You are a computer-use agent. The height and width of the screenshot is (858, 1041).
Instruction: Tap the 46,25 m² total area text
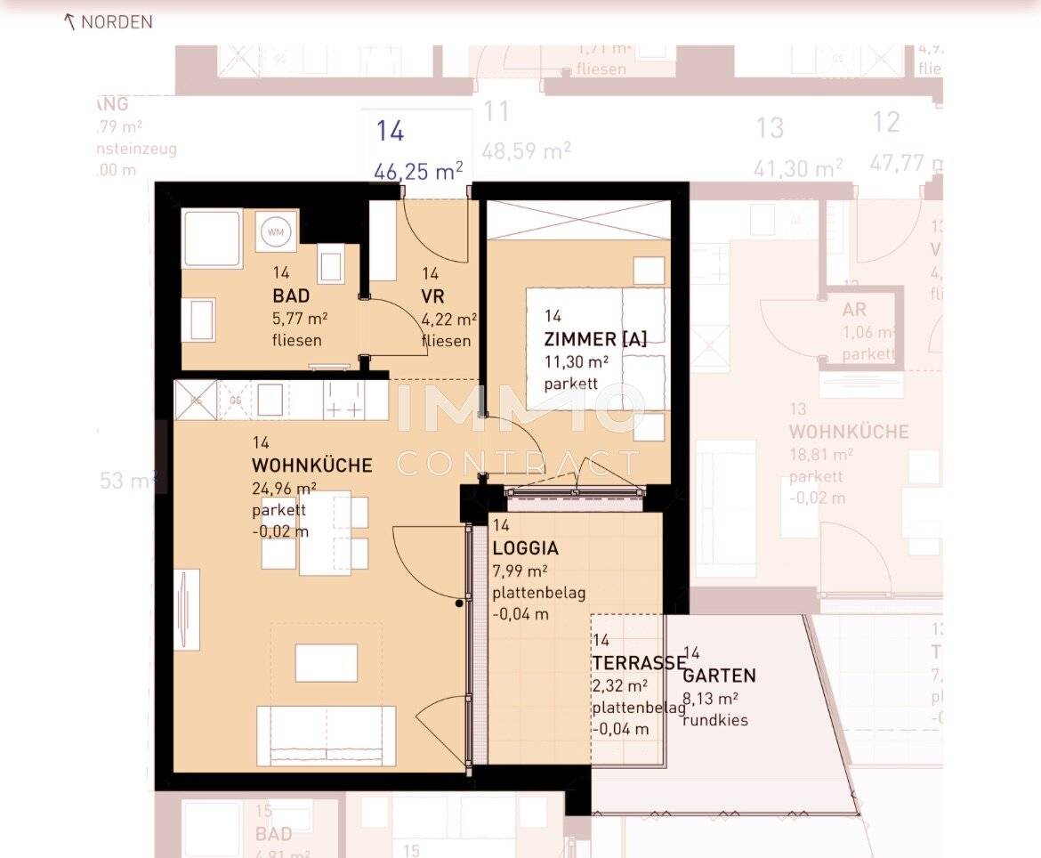coord(418,171)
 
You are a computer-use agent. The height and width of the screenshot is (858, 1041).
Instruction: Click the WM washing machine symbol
coord(276,232)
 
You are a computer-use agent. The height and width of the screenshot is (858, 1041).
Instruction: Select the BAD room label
coord(291,296)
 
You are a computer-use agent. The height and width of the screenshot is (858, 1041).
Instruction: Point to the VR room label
coord(433,296)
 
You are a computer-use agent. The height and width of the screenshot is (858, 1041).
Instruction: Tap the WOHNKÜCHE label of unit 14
coord(311,465)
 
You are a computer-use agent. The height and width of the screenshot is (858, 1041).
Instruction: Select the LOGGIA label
coord(526,549)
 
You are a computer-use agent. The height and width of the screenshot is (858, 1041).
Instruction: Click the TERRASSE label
coord(638,663)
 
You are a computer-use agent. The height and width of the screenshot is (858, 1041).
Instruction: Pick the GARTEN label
coord(721,676)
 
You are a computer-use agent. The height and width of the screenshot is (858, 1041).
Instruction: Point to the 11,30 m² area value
coord(577,362)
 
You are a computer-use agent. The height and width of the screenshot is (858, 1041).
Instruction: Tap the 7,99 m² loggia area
coord(520,571)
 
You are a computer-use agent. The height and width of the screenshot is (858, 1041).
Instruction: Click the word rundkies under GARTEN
coord(714,720)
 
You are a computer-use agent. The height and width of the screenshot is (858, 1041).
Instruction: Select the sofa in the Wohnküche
coord(327,734)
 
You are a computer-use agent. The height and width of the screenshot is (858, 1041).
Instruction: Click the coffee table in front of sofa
coord(327,663)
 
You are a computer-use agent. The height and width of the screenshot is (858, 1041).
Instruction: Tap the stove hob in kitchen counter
coord(343,401)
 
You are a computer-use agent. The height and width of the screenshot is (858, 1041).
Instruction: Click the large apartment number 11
coord(496,112)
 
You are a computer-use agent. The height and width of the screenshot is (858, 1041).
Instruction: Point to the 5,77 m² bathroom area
coord(301,319)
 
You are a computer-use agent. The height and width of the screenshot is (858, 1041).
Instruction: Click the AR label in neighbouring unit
coord(854,311)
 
